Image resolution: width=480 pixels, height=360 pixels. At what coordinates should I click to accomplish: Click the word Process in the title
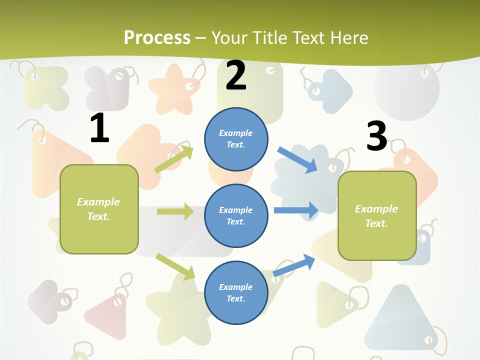[157, 37]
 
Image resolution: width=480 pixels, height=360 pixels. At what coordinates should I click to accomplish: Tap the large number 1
[99, 128]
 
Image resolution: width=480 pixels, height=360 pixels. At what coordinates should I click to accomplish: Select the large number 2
[236, 75]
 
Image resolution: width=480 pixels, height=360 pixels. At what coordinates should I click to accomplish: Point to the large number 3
[376, 136]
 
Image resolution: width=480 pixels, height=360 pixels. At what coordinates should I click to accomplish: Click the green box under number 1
[99, 209]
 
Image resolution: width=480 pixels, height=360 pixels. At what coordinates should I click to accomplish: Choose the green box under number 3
[377, 215]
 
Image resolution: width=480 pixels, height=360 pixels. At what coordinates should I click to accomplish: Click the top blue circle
[236, 139]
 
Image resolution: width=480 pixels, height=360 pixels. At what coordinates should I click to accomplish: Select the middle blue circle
[236, 215]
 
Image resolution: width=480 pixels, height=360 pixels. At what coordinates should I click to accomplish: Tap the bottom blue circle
[236, 292]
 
